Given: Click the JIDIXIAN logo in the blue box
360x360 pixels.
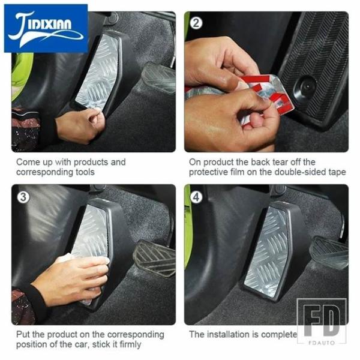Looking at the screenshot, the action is click(x=46, y=28).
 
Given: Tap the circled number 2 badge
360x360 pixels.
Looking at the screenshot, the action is click(x=196, y=23).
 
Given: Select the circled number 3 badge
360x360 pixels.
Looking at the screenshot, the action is click(x=23, y=197).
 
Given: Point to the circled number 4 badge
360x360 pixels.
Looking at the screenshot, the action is click(x=196, y=197).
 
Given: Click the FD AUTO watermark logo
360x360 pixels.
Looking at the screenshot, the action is click(x=322, y=322).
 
